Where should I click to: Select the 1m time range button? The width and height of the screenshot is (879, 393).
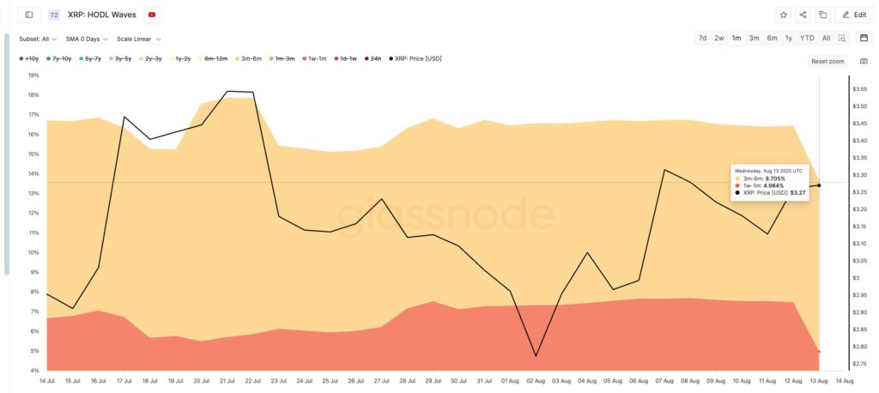pos(737,38)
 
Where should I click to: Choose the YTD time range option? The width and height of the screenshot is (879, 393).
pos(807,38)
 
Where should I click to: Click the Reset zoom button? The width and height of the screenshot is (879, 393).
pos(827,61)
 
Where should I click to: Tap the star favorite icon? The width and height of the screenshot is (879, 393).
pos(783,15)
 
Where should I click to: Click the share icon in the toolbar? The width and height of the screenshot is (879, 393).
pos(803,15)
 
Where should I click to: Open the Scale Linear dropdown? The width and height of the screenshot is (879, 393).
pos(139,39)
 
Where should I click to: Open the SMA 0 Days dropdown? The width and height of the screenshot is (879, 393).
pos(88,39)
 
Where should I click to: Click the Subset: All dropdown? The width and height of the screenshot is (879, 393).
pos(38,39)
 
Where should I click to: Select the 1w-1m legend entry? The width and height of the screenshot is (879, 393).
pos(313,58)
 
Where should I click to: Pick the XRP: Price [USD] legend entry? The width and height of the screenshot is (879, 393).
pos(415,58)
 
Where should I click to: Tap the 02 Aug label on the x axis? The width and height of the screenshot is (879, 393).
pos(536,380)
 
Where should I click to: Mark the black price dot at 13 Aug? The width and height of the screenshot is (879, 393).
pos(819,185)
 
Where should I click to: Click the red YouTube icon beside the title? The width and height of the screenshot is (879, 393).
pos(152,15)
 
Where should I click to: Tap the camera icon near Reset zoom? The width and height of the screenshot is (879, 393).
pos(864,61)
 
